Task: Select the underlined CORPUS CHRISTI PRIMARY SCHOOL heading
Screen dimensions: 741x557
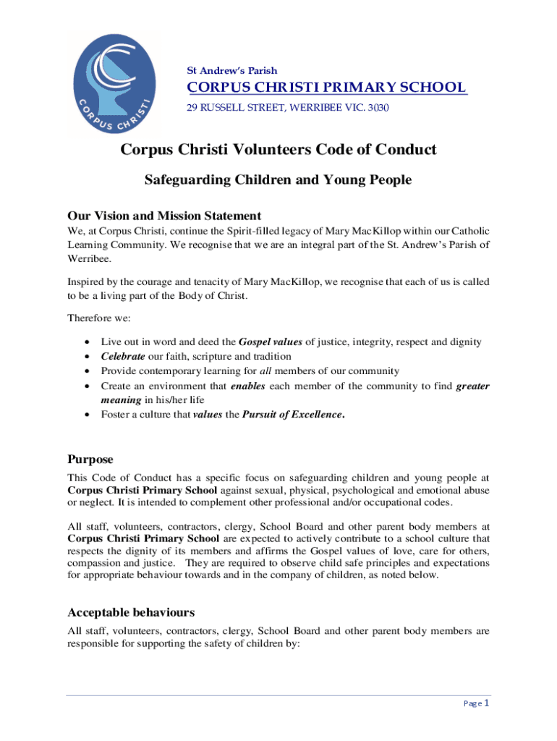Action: (x=326, y=88)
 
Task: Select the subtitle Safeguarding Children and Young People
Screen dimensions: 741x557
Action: (x=278, y=180)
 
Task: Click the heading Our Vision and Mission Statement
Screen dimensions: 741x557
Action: (x=164, y=216)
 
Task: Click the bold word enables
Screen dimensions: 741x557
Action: (x=248, y=386)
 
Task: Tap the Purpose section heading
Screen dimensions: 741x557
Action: (x=90, y=460)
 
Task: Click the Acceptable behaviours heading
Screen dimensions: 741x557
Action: (x=131, y=612)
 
